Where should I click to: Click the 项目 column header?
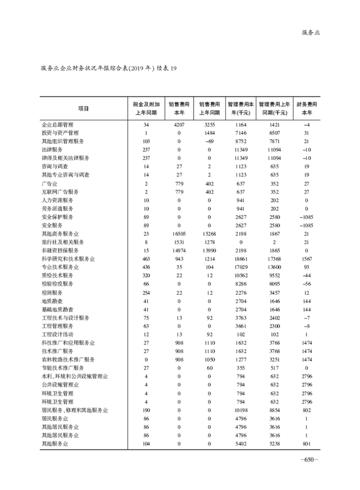pos(83,108)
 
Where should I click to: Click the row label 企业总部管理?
pos(57,124)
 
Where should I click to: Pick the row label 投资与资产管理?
pos(60,133)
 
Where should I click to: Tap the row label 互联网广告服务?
pos(60,192)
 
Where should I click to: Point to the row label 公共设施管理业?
pos(60,385)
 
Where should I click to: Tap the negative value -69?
pos(209,141)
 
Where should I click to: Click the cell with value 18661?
pos(241,259)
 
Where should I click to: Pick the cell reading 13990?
pos(209,250)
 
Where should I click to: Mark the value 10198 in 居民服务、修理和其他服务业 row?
pos(241,410)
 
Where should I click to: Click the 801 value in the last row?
pos(307,444)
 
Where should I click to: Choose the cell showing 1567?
pos(307,259)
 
